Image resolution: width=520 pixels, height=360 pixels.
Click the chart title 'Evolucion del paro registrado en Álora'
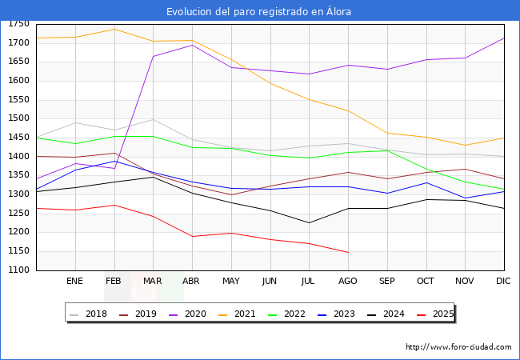coord(259,11)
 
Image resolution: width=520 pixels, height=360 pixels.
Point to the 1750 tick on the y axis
coord(20,24)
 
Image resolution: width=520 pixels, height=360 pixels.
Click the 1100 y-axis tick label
coord(20,270)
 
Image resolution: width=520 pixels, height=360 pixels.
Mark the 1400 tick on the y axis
coord(20,157)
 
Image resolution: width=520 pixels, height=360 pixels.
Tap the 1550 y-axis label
coord(20,100)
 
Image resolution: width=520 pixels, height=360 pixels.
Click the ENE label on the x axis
coord(75,281)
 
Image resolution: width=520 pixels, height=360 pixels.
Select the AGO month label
coord(348,281)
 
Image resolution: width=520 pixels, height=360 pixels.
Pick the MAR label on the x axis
coord(153,281)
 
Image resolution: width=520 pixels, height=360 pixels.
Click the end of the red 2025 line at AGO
coord(348,252)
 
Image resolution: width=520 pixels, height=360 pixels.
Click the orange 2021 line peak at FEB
coord(114,29)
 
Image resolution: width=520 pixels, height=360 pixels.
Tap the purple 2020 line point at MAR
coord(153,56)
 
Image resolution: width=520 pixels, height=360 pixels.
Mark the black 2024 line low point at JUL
coord(309,222)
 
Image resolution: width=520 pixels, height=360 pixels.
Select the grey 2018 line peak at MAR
coord(153,119)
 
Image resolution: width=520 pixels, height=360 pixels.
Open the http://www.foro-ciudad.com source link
coord(458,347)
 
